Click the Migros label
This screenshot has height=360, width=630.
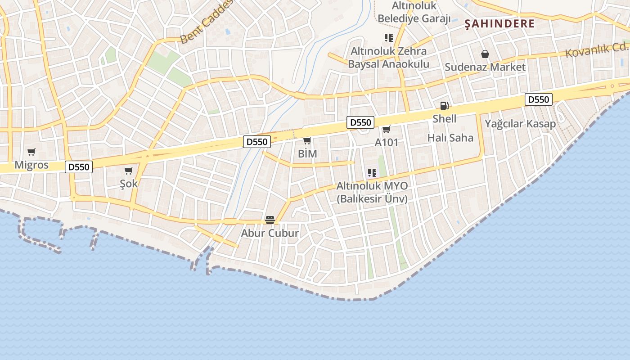[x=31, y=165]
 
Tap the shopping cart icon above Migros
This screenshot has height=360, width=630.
[x=31, y=152]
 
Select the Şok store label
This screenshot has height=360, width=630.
[x=129, y=184]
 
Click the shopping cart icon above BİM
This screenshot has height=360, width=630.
[x=307, y=141]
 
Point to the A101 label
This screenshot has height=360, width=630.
[x=387, y=142]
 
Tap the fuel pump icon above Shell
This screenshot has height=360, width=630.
[x=444, y=106]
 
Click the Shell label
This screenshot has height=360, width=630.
[x=444, y=119]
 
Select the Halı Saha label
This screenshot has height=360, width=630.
[x=450, y=138]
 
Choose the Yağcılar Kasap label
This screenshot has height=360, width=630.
[x=520, y=123]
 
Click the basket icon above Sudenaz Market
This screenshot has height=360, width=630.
[x=485, y=54]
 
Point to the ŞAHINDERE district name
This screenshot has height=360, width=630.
[x=499, y=24]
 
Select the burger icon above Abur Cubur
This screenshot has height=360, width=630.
[x=270, y=220]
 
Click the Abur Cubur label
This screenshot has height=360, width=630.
[x=270, y=233]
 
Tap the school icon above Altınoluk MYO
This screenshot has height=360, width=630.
[x=372, y=173]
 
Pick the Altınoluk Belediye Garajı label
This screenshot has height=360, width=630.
[x=414, y=12]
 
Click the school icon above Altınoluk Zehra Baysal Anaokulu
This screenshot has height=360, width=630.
[x=389, y=38]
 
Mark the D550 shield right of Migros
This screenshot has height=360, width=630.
[x=79, y=167]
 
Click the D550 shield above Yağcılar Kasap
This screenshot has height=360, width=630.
[x=538, y=99]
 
